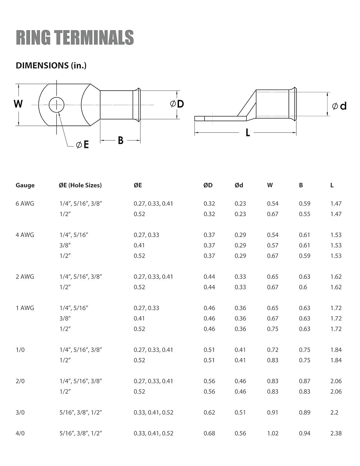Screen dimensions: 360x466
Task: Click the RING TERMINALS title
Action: [75, 37]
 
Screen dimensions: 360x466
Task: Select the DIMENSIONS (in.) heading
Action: [51, 66]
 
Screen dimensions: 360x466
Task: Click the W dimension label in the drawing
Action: [18, 104]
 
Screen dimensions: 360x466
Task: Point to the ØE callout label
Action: [82, 145]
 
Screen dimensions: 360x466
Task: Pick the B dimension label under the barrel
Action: [121, 140]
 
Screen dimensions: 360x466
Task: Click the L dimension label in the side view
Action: [248, 133]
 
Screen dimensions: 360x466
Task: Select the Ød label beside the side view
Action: [339, 106]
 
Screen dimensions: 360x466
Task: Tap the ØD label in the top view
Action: [177, 104]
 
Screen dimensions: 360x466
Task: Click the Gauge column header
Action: [25, 185]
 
